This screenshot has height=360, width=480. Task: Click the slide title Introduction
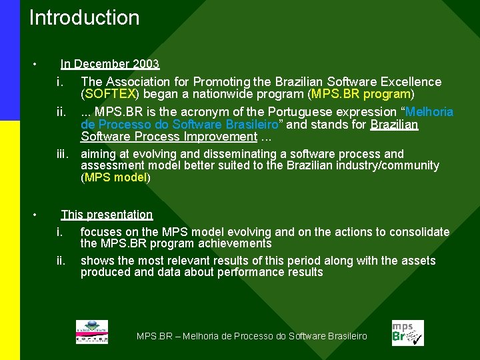[85, 18]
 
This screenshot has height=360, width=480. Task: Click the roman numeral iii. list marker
[63, 154]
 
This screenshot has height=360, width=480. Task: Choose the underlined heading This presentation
[107, 215]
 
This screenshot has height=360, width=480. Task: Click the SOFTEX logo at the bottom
[91, 332]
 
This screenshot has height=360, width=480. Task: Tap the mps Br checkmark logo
[407, 332]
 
